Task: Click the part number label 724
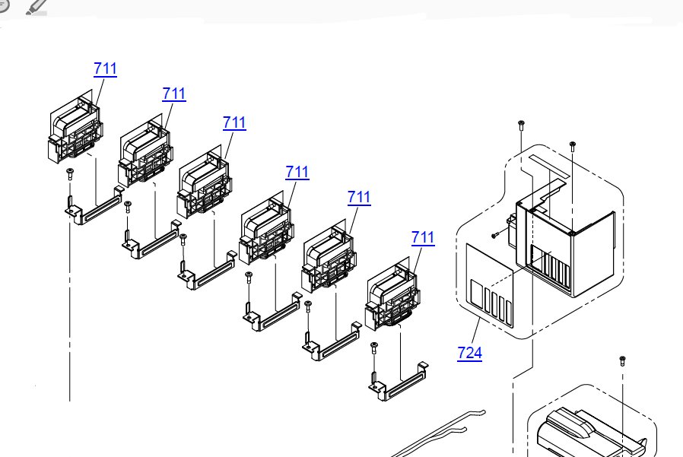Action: (x=469, y=353)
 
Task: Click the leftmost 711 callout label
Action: (x=105, y=68)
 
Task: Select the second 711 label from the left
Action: (x=173, y=94)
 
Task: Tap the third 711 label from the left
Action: (x=234, y=122)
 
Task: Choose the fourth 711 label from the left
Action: (x=297, y=172)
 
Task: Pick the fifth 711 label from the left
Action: (x=359, y=197)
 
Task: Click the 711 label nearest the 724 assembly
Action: (x=423, y=237)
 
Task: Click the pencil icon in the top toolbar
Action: (x=35, y=7)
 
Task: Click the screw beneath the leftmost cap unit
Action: (x=69, y=173)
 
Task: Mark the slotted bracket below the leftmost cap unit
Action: (x=92, y=207)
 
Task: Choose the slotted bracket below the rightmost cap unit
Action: (x=396, y=384)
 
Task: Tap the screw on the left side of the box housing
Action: (x=494, y=234)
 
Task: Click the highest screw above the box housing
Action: (x=521, y=123)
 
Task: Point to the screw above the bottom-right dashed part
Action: (x=622, y=360)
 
